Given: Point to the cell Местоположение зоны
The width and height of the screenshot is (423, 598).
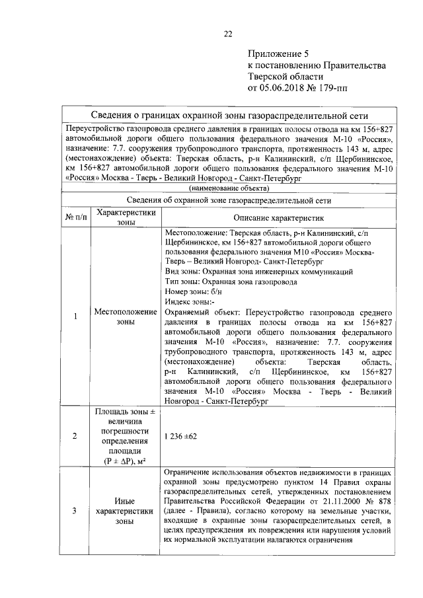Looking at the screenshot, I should coord(126,317).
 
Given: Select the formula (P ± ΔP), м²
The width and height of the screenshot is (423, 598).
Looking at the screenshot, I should coord(126,460).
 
